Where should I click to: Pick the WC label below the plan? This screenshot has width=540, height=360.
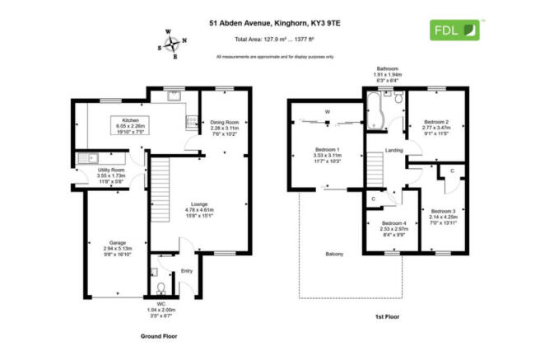161,305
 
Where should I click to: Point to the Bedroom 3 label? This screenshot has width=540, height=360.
444,209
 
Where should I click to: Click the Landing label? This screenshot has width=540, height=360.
393,150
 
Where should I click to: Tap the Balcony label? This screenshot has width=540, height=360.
334,253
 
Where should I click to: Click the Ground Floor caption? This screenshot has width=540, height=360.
158,336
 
